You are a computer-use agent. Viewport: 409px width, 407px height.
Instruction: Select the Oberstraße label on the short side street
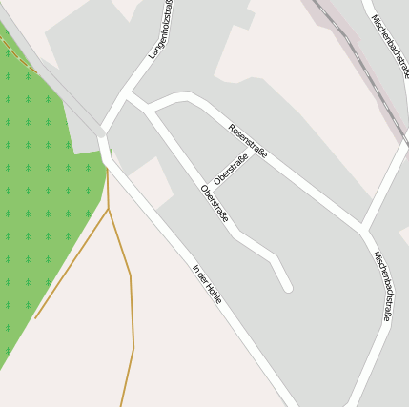tap(231, 169)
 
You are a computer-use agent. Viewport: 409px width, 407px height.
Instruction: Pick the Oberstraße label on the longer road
tap(215, 203)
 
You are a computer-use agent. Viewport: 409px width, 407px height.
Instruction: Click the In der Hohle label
tap(207, 284)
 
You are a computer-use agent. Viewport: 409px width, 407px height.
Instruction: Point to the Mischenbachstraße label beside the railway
tap(389, 46)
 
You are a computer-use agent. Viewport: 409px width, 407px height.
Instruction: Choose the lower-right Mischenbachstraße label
tap(381, 286)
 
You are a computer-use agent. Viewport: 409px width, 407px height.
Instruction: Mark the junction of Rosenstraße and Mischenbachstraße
tap(363, 229)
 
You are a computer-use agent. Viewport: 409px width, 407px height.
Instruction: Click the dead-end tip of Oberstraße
tap(287, 286)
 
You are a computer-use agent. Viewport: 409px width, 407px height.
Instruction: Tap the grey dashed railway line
tap(358, 57)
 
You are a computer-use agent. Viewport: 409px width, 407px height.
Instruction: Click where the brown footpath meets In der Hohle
tap(107, 170)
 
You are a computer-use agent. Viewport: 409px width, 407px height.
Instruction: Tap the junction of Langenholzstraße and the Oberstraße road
tap(126, 94)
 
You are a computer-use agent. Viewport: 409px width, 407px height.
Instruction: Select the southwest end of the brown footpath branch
tap(36, 317)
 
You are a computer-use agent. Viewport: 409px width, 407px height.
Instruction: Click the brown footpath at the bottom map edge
tap(121, 404)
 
